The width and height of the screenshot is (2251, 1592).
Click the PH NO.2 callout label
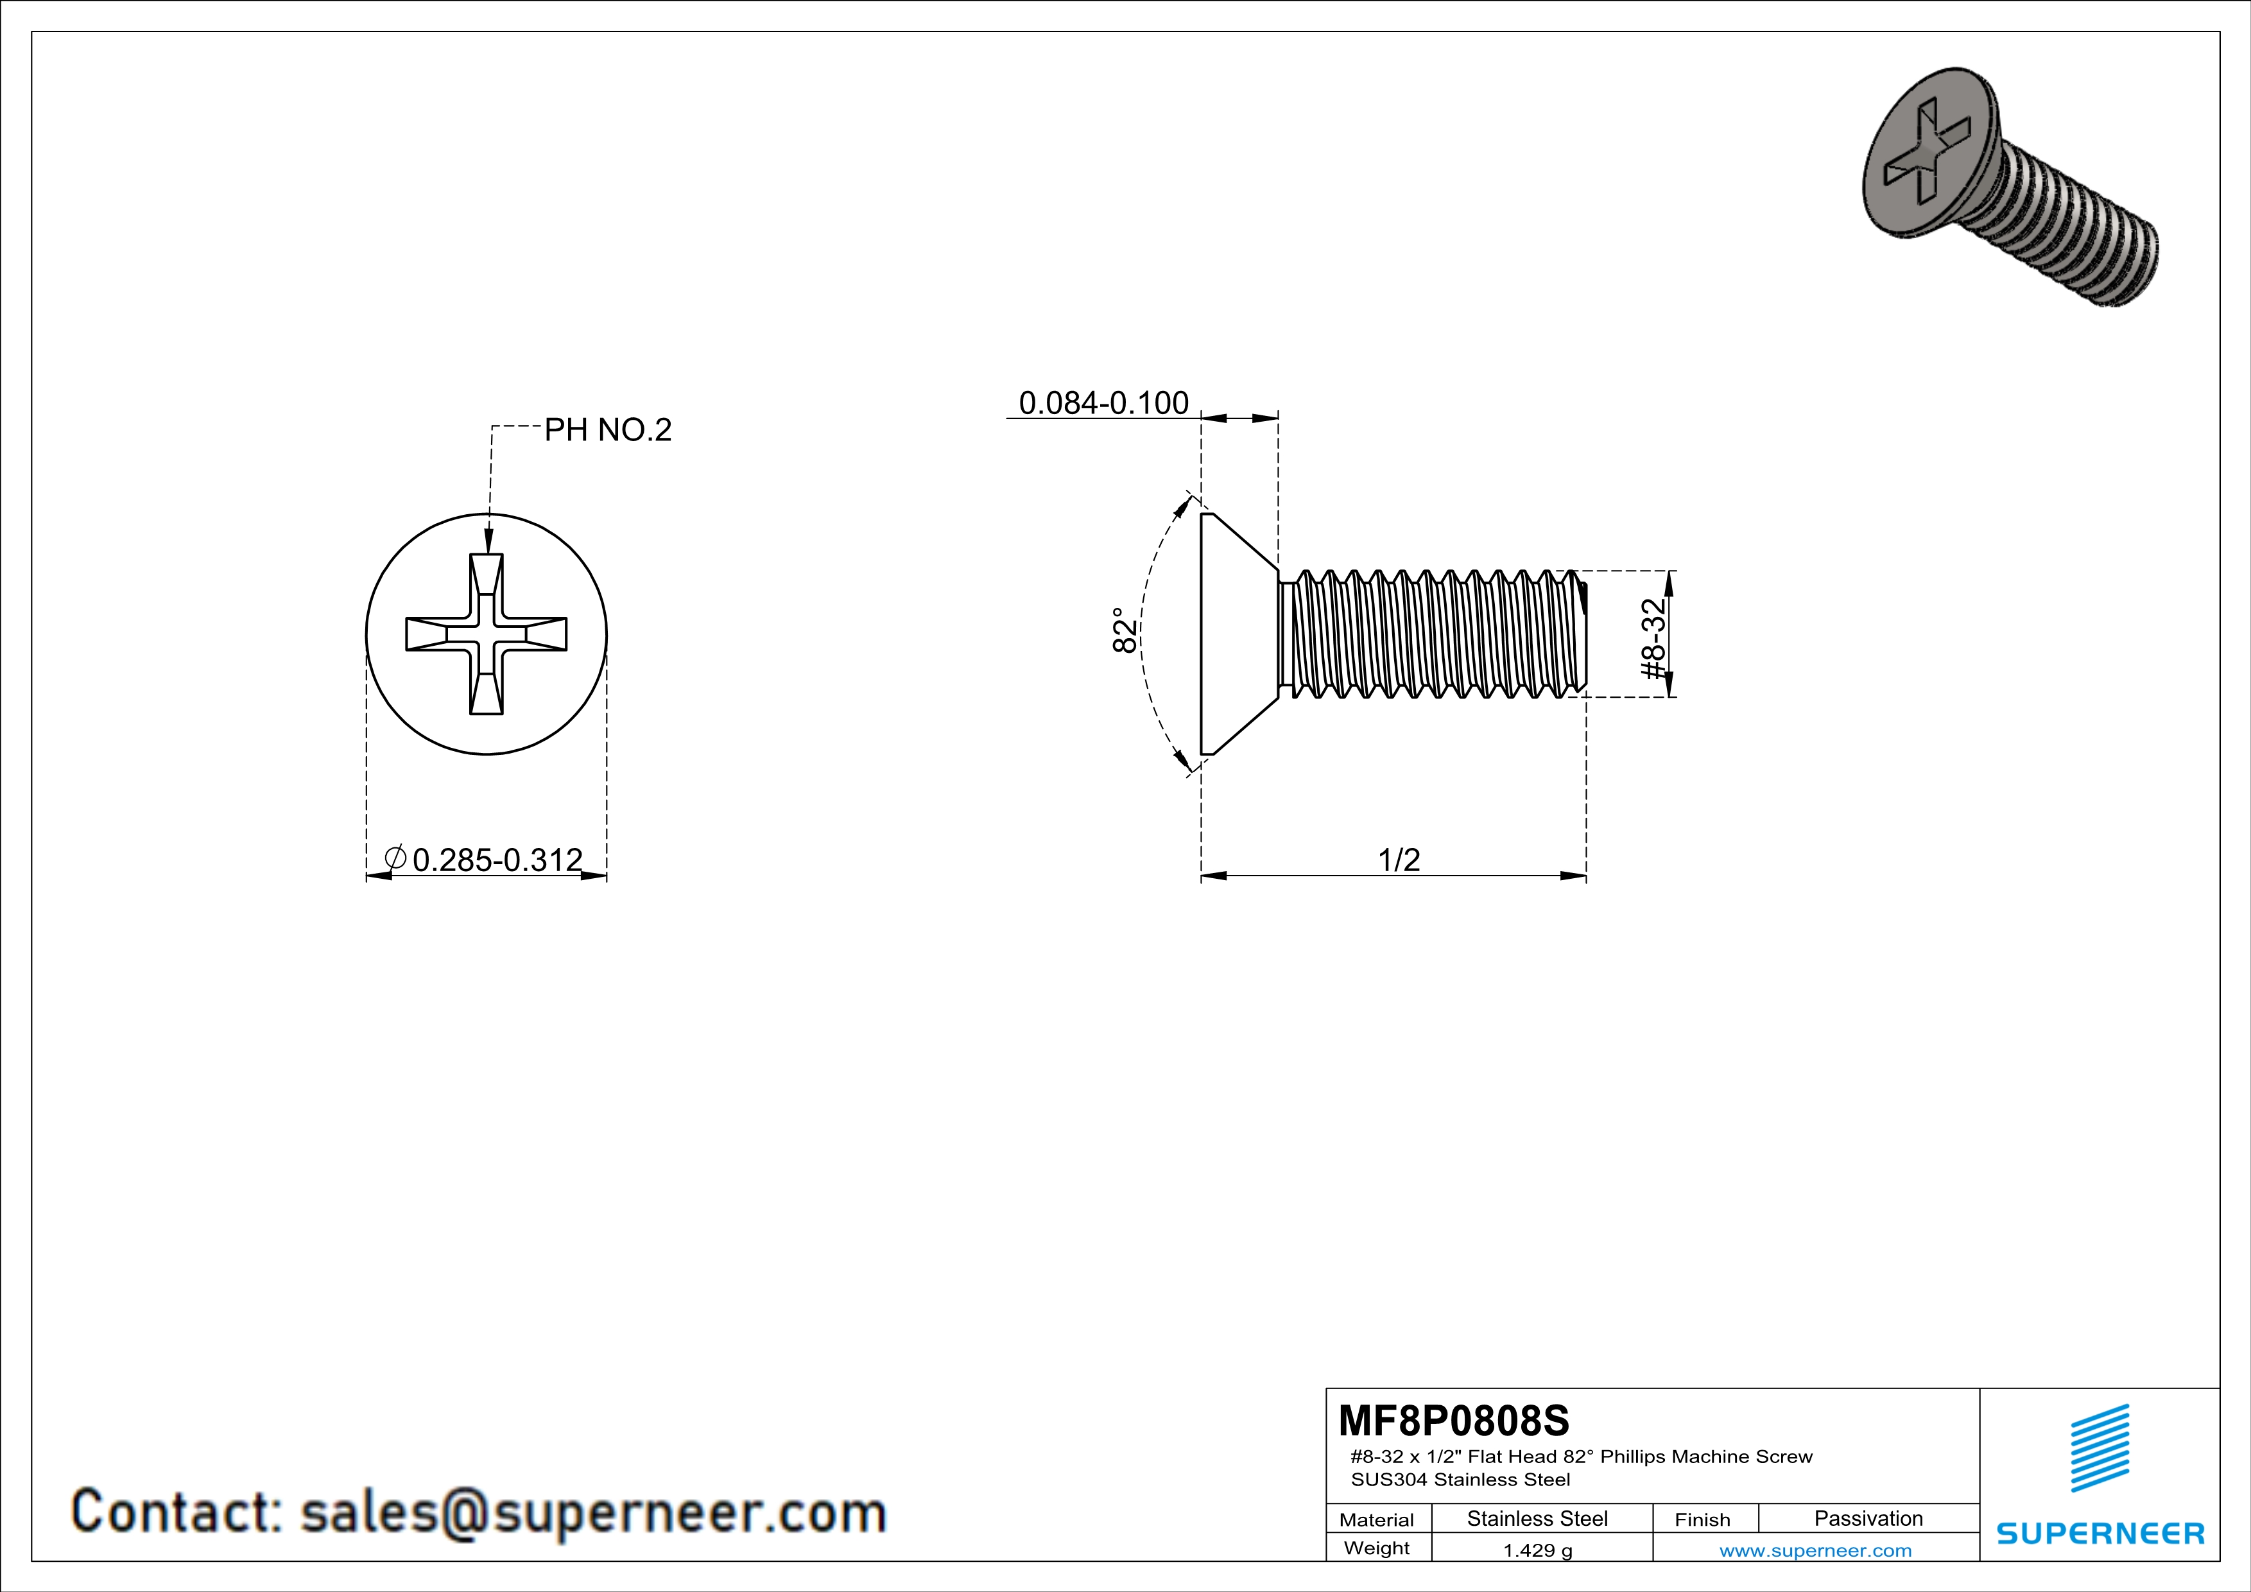(608, 430)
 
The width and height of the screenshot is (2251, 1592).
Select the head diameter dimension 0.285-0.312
(497, 860)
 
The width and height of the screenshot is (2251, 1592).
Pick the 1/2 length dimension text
(1399, 860)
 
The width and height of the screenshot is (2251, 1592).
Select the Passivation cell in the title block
(1868, 1518)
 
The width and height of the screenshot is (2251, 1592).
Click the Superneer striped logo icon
(2099, 1448)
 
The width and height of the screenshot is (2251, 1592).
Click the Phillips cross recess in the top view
(487, 634)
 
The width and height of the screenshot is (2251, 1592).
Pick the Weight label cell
(1377, 1548)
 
